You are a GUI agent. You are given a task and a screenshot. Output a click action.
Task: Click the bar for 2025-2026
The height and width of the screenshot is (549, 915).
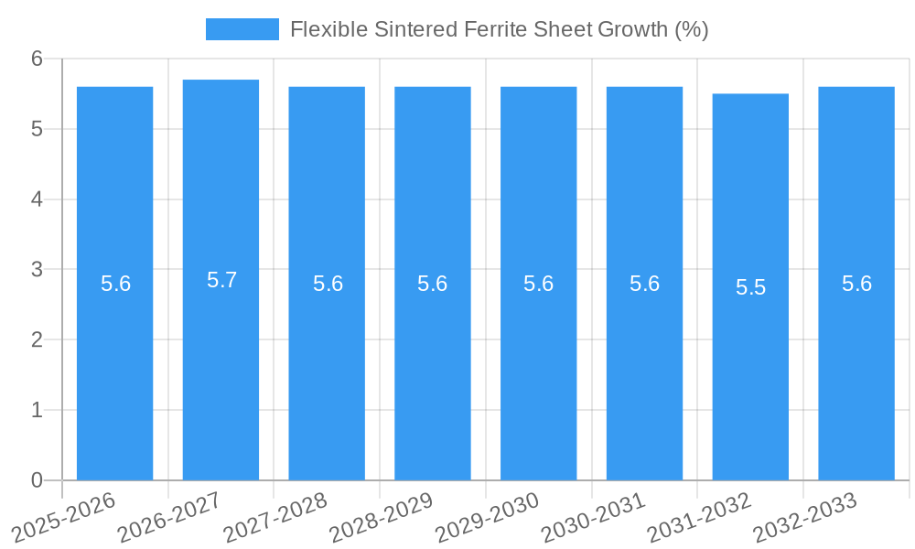[114, 366]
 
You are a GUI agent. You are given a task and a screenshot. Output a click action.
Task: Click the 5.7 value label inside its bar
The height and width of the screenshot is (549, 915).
[221, 280]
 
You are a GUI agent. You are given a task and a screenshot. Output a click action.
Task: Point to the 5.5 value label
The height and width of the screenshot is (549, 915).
[750, 287]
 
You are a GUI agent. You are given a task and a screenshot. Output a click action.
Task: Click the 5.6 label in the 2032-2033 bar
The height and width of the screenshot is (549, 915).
[856, 284]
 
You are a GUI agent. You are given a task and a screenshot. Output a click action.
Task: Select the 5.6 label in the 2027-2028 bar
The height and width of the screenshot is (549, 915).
[328, 284]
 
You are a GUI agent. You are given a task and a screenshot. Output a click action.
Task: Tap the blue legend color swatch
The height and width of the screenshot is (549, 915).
[242, 29]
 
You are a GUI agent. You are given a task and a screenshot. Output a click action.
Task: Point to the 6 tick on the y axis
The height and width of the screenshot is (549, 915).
[38, 59]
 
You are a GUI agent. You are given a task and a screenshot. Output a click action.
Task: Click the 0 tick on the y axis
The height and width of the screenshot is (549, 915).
[38, 480]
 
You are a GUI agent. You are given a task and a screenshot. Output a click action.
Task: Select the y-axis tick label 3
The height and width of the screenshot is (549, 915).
[38, 270]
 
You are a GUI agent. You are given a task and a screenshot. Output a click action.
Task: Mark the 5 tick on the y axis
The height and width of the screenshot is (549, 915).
[38, 129]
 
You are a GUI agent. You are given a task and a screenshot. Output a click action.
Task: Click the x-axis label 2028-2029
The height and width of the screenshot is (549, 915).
[382, 517]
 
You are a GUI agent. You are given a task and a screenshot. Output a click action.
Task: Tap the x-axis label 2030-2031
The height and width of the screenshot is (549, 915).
[594, 517]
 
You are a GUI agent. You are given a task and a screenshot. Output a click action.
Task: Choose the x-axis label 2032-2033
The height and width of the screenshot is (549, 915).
[805, 517]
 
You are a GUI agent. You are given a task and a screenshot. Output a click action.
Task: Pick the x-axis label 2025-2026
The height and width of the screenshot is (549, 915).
[64, 517]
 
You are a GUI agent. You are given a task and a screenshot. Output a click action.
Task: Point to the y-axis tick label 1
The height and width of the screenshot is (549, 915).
[38, 410]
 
